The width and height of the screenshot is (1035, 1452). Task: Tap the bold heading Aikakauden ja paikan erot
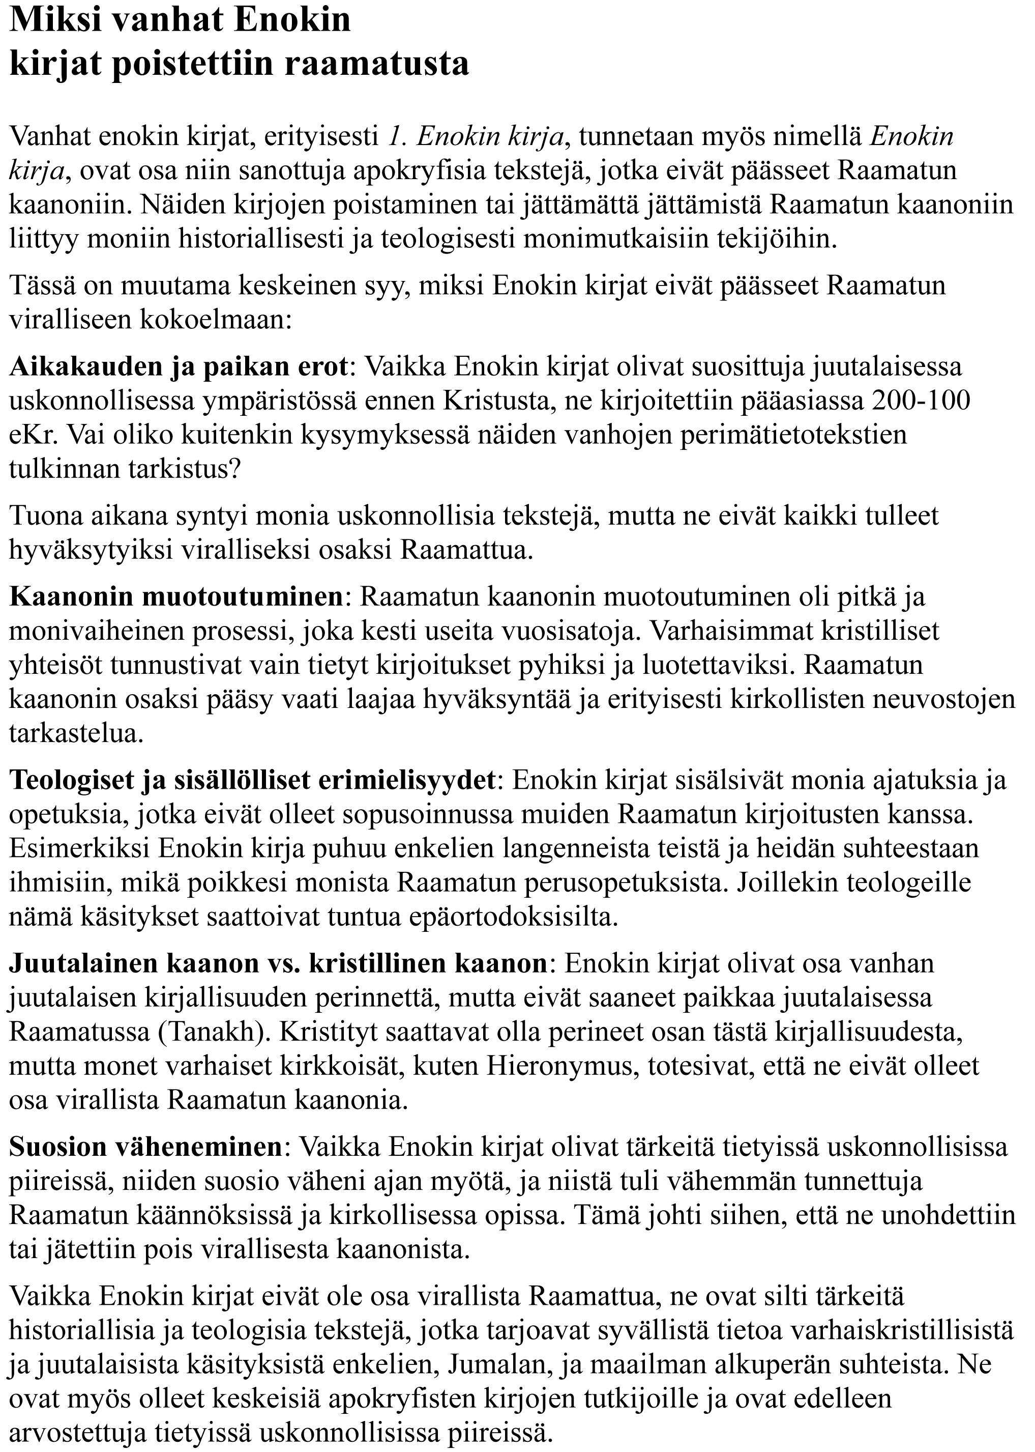click(179, 367)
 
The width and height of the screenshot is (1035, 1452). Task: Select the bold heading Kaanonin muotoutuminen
click(176, 597)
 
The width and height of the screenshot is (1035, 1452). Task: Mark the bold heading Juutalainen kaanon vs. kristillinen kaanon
click(278, 963)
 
